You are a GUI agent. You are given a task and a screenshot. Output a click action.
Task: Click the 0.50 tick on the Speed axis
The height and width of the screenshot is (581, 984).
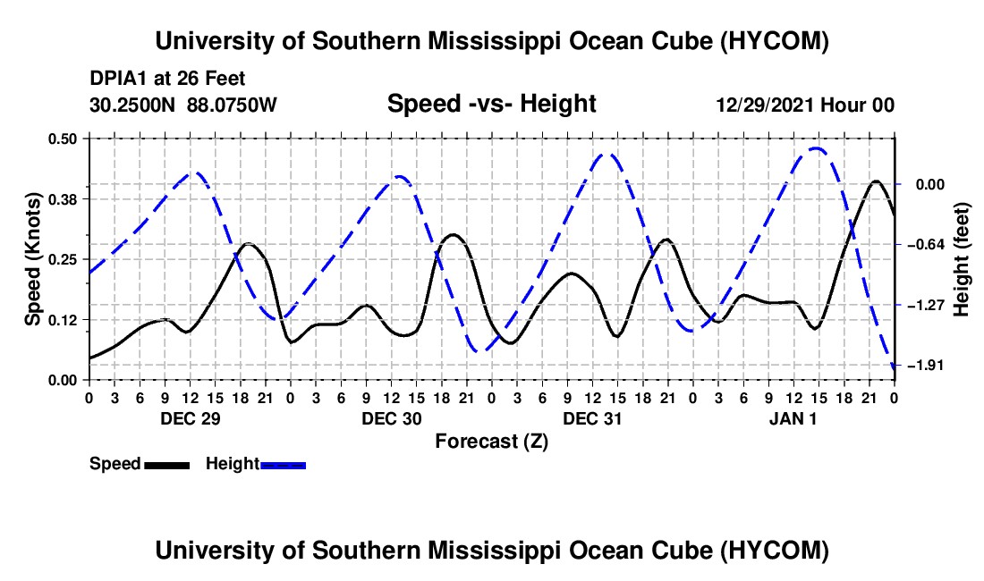click(62, 139)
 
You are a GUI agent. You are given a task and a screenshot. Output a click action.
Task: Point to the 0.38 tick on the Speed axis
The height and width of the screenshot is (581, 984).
click(62, 199)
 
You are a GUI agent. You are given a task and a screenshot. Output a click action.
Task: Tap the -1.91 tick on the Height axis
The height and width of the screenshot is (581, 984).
click(925, 365)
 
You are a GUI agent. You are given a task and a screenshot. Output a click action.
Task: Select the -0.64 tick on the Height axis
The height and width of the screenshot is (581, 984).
click(925, 244)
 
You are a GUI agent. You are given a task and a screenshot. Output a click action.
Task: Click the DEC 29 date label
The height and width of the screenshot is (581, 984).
click(191, 418)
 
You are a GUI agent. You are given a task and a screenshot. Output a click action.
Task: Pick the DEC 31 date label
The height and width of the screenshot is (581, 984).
click(592, 418)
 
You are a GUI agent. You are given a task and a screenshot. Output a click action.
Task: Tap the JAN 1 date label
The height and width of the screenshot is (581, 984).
click(793, 418)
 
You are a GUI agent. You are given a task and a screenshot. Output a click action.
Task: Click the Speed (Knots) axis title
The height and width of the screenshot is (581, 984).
click(32, 259)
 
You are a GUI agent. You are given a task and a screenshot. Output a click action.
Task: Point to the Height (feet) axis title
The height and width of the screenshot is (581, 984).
click(961, 259)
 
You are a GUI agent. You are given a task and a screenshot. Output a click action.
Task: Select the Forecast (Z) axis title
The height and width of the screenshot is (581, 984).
click(491, 442)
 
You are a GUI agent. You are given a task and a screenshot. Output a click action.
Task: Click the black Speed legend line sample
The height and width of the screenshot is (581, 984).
click(167, 465)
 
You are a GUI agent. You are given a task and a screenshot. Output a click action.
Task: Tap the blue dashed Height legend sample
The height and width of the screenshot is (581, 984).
click(283, 465)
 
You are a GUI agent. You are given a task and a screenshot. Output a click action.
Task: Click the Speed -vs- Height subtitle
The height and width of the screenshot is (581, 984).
click(491, 104)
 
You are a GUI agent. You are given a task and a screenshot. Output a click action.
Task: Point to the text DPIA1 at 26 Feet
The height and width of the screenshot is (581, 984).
click(167, 79)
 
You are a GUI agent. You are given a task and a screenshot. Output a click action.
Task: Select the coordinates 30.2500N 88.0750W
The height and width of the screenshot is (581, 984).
click(183, 105)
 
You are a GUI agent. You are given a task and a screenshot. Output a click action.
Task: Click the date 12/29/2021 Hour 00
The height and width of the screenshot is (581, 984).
click(805, 105)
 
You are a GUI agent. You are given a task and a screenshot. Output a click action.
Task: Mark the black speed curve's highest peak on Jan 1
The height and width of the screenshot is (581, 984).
click(876, 181)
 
